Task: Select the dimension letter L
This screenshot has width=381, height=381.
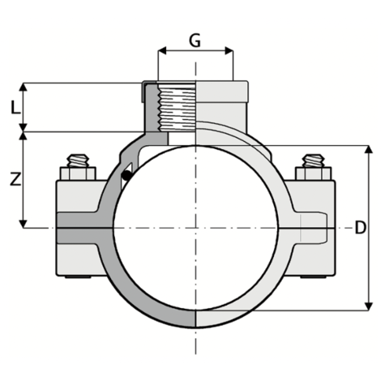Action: [x=14, y=105]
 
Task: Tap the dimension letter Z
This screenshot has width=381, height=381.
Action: [x=14, y=182]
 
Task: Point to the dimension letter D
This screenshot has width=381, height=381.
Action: [x=361, y=229]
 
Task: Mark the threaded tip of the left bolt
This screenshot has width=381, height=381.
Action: [x=79, y=160]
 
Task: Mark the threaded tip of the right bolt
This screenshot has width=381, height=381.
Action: [x=312, y=160]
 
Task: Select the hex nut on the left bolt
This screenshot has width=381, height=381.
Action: [x=79, y=173]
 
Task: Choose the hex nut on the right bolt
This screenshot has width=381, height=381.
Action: [x=312, y=173]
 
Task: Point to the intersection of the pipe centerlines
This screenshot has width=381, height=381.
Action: [x=195, y=229]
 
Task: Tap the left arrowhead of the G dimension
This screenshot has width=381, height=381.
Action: [x=161, y=50]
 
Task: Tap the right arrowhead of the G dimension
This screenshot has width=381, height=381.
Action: [x=231, y=50]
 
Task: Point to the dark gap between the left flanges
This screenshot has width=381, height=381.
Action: [x=81, y=235]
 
